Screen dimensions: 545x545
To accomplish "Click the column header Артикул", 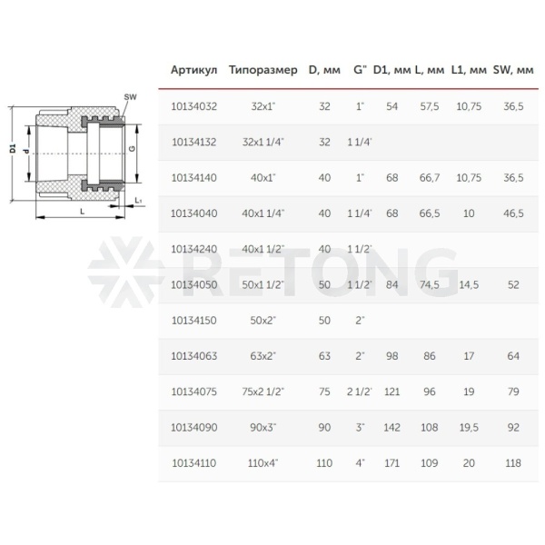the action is coord(193,70).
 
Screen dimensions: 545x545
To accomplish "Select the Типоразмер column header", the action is coord(263,71).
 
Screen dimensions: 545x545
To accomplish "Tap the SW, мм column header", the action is coord(513,70).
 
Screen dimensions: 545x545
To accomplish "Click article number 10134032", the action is coord(194,106).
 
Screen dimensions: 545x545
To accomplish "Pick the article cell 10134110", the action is coord(194,463).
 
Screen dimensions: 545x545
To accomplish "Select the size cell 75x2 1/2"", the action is coord(263,391).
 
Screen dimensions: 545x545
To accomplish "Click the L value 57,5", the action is coord(430,106).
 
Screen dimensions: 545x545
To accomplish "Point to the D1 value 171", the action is coord(391,463).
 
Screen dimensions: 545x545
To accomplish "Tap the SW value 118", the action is coord(513,463).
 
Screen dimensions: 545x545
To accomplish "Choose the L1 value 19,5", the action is coord(469,428).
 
